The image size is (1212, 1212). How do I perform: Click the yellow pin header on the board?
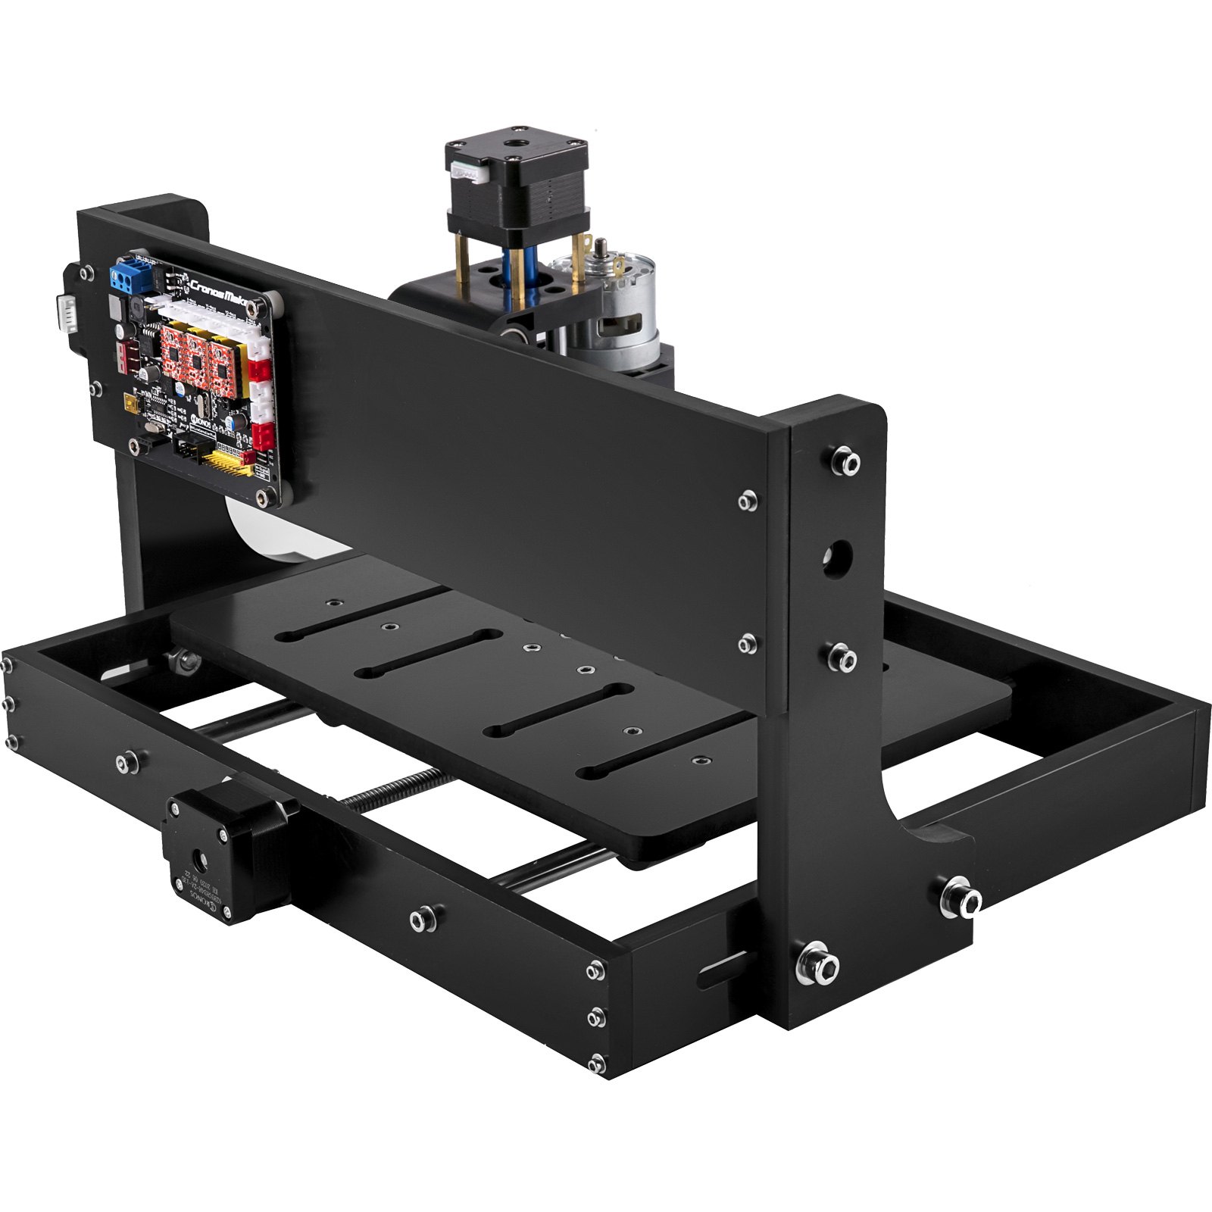(223, 459)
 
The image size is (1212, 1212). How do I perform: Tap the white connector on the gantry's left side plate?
(67, 311)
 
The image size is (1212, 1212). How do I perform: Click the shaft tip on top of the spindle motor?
(601, 245)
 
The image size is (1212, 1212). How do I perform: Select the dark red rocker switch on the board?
(126, 355)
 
